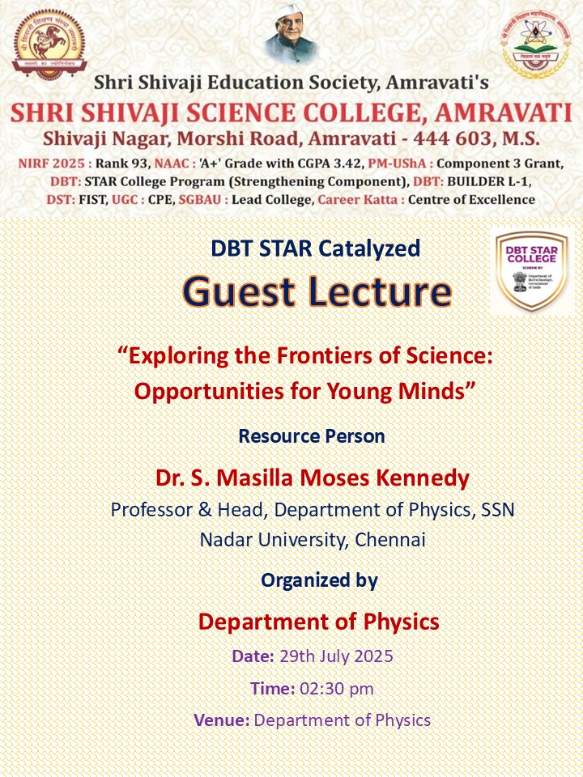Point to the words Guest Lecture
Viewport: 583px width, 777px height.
click(317, 291)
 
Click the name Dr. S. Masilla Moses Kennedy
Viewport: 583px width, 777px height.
click(313, 478)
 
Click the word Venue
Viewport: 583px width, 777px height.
click(220, 720)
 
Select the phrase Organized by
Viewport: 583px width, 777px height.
click(319, 580)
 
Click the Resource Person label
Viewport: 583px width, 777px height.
click(312, 436)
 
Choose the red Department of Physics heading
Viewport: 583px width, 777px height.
click(319, 622)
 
